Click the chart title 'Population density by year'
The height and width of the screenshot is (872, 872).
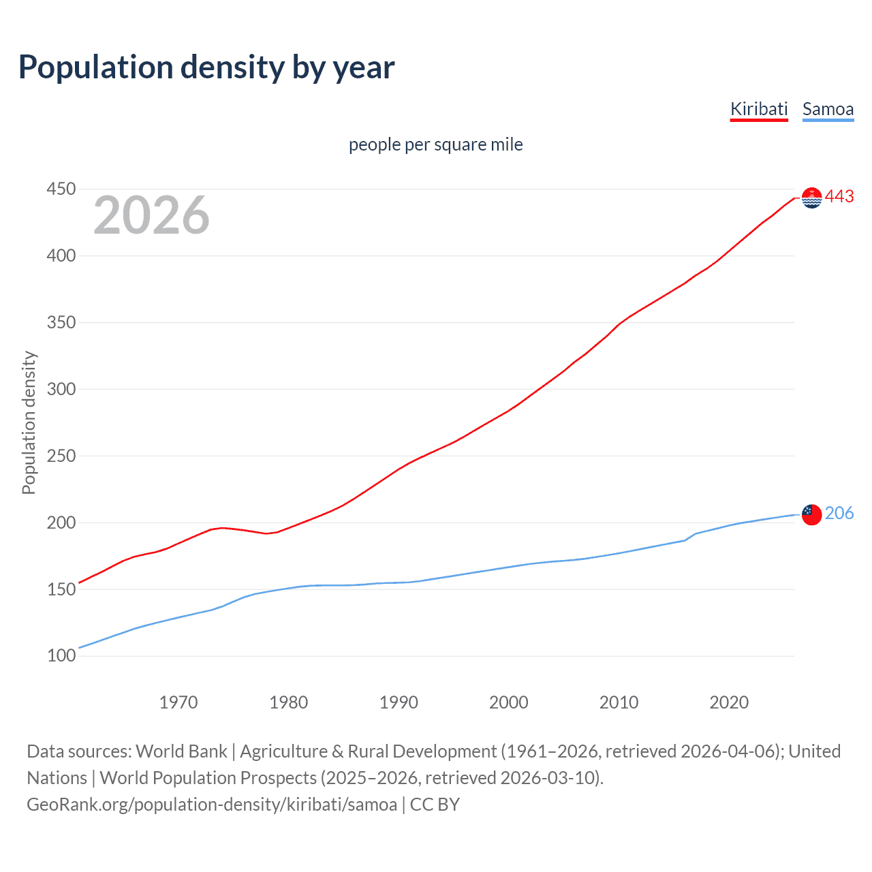click(x=206, y=67)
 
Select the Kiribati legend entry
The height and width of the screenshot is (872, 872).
click(x=759, y=109)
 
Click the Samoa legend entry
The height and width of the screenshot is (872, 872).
click(x=828, y=109)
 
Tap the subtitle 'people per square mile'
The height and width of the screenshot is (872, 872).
click(x=436, y=144)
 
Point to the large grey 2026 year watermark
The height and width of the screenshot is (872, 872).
click(x=151, y=215)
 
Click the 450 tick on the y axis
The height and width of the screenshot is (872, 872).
click(x=61, y=189)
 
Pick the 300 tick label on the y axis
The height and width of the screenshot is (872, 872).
click(x=61, y=389)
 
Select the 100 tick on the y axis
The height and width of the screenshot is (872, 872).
click(x=61, y=656)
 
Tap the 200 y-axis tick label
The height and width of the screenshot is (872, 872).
click(x=61, y=523)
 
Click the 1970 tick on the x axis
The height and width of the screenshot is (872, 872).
click(x=178, y=702)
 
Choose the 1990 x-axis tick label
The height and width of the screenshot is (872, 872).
click(x=399, y=702)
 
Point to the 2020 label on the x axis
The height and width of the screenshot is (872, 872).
click(x=729, y=702)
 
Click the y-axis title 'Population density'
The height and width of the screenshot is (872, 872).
click(x=29, y=422)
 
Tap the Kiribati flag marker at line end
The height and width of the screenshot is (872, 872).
click(x=811, y=198)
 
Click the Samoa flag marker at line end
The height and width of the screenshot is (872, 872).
click(x=811, y=514)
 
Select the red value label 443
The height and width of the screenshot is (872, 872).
click(x=839, y=197)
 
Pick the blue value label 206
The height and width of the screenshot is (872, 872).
click(x=839, y=514)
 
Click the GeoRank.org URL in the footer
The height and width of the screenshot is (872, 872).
click(x=212, y=805)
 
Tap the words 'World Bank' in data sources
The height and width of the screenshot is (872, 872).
click(x=181, y=751)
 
